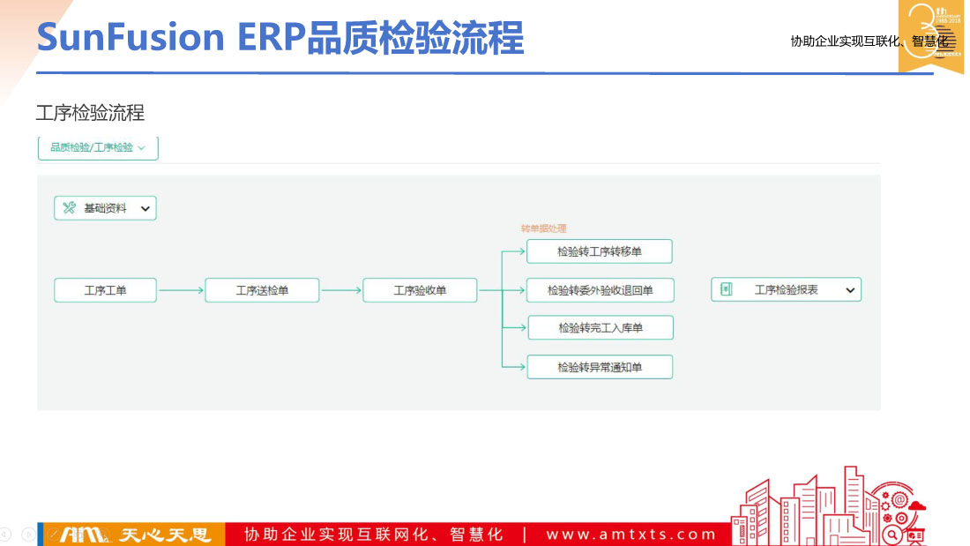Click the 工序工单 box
coord(105,290)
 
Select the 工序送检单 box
coord(262,290)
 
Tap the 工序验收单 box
coord(420,290)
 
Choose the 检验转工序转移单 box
coord(600,251)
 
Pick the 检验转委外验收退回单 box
coord(600,290)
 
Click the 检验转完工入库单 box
coord(600,328)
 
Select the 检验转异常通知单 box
coord(600,367)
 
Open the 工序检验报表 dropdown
coord(850,289)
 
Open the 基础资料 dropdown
coord(145,208)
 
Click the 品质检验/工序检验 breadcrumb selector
coord(98,148)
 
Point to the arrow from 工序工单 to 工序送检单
coord(181,290)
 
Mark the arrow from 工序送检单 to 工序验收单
coord(340,290)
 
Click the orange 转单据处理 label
coord(543,228)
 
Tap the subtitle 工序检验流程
coord(90,113)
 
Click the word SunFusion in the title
coord(131,38)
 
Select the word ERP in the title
coord(271,38)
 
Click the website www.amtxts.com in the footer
coord(631,535)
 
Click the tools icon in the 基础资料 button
coord(70,208)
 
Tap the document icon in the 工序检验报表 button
coord(727,289)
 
